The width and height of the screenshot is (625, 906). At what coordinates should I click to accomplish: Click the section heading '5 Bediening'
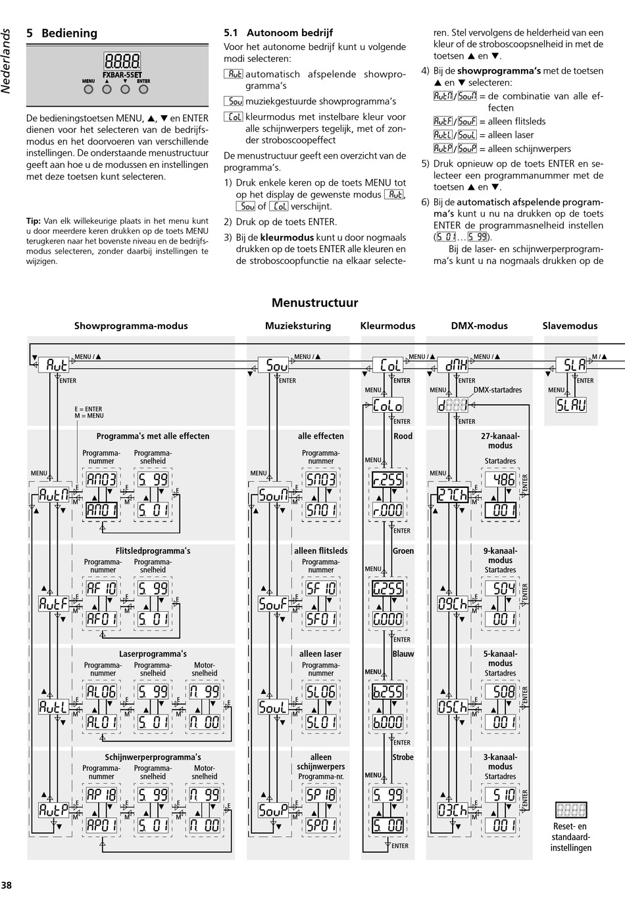tap(62, 34)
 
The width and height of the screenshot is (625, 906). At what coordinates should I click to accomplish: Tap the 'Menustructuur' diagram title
tap(314, 303)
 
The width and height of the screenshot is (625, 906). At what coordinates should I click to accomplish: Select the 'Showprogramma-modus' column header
tap(131, 326)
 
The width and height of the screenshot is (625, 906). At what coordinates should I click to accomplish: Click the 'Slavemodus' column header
tap(570, 326)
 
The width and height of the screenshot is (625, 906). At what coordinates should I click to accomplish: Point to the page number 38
tap(7, 886)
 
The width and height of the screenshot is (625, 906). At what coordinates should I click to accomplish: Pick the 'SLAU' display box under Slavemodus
tap(571, 406)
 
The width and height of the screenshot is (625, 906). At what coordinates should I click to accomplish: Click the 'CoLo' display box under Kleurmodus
tap(388, 406)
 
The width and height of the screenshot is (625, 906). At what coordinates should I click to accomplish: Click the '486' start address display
tap(500, 479)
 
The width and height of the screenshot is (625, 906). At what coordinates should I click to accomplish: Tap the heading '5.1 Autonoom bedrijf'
tap(278, 33)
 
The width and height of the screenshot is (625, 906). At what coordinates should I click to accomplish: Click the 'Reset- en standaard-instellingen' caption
tap(570, 837)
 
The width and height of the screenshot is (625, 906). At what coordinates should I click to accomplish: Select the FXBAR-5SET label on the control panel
tap(122, 74)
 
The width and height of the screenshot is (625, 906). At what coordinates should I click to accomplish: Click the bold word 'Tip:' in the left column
tap(33, 222)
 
